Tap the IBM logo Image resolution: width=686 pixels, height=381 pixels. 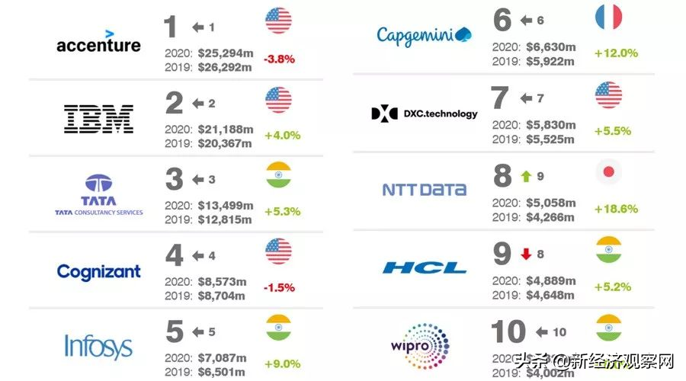[x=98, y=118]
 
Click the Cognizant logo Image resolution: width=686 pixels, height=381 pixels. [x=98, y=271]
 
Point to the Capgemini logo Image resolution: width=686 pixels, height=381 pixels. [x=425, y=35]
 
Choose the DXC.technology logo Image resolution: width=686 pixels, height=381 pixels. [x=425, y=114]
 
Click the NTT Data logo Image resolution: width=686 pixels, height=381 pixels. [x=424, y=189]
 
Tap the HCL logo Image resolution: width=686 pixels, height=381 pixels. [x=425, y=267]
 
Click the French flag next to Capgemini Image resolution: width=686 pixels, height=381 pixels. [x=608, y=17]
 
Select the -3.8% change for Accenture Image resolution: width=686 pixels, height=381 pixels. [x=279, y=59]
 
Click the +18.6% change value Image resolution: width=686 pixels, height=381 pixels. [x=616, y=209]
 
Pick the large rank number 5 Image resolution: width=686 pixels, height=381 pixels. [x=175, y=332]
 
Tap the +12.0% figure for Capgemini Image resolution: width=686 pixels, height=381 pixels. [x=616, y=53]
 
